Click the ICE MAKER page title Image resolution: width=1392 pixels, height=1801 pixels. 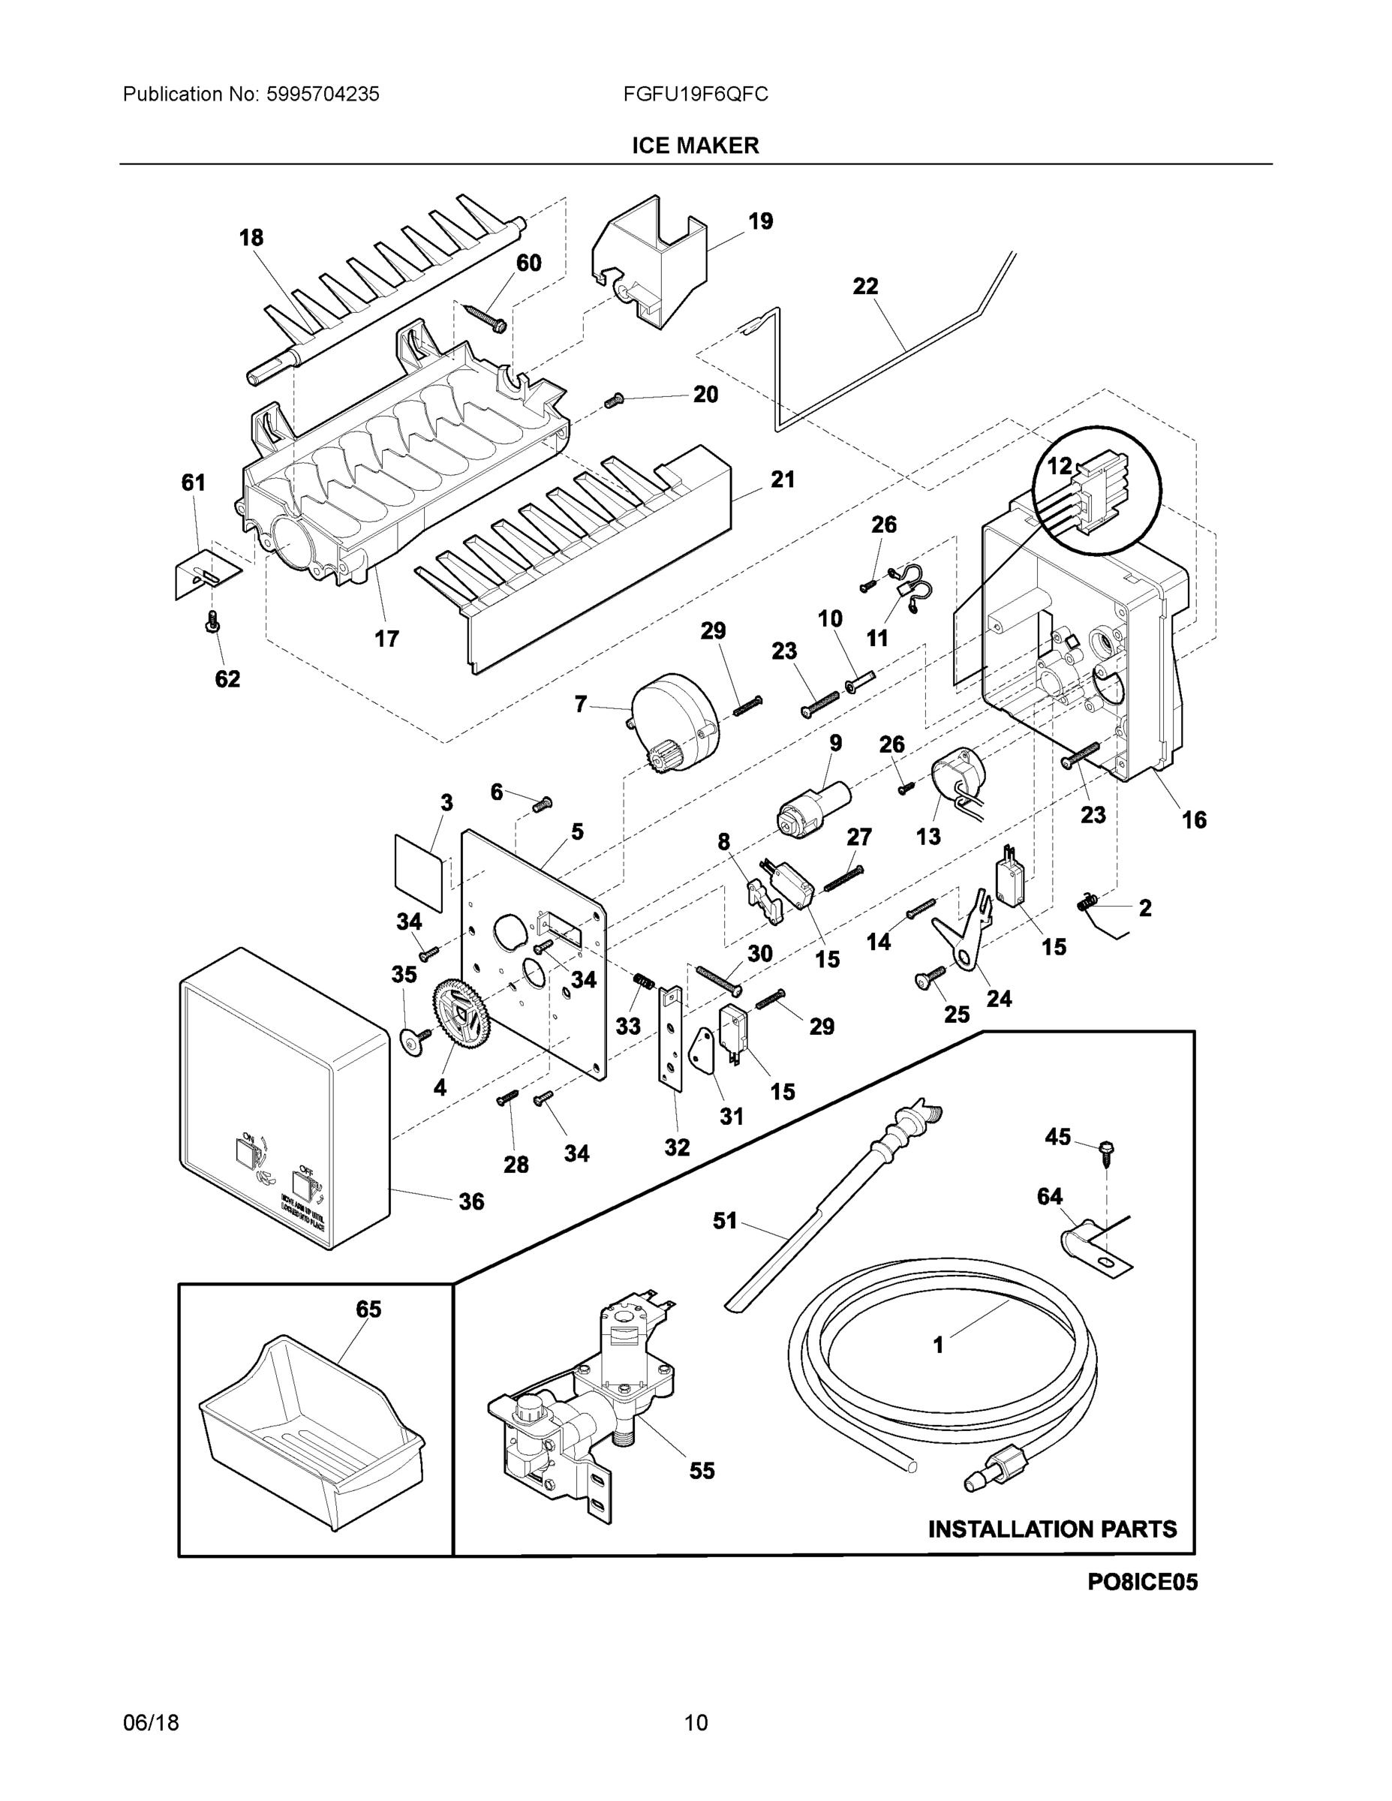695,146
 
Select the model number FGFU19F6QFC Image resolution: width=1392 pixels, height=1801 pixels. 695,95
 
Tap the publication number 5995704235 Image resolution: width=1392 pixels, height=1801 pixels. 323,95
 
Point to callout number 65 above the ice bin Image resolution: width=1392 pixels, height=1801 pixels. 368,1309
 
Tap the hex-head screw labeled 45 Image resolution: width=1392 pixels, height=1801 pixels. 1105,1150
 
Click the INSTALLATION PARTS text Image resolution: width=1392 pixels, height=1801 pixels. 1052,1529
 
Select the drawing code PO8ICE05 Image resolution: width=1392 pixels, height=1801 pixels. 1141,1582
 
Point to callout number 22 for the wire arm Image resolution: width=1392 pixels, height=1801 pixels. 865,286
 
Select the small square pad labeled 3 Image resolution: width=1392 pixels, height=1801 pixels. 418,873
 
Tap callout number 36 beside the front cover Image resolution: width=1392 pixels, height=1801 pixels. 471,1201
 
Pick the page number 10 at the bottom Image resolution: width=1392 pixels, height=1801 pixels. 695,1723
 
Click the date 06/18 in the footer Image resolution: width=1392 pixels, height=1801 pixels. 151,1723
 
